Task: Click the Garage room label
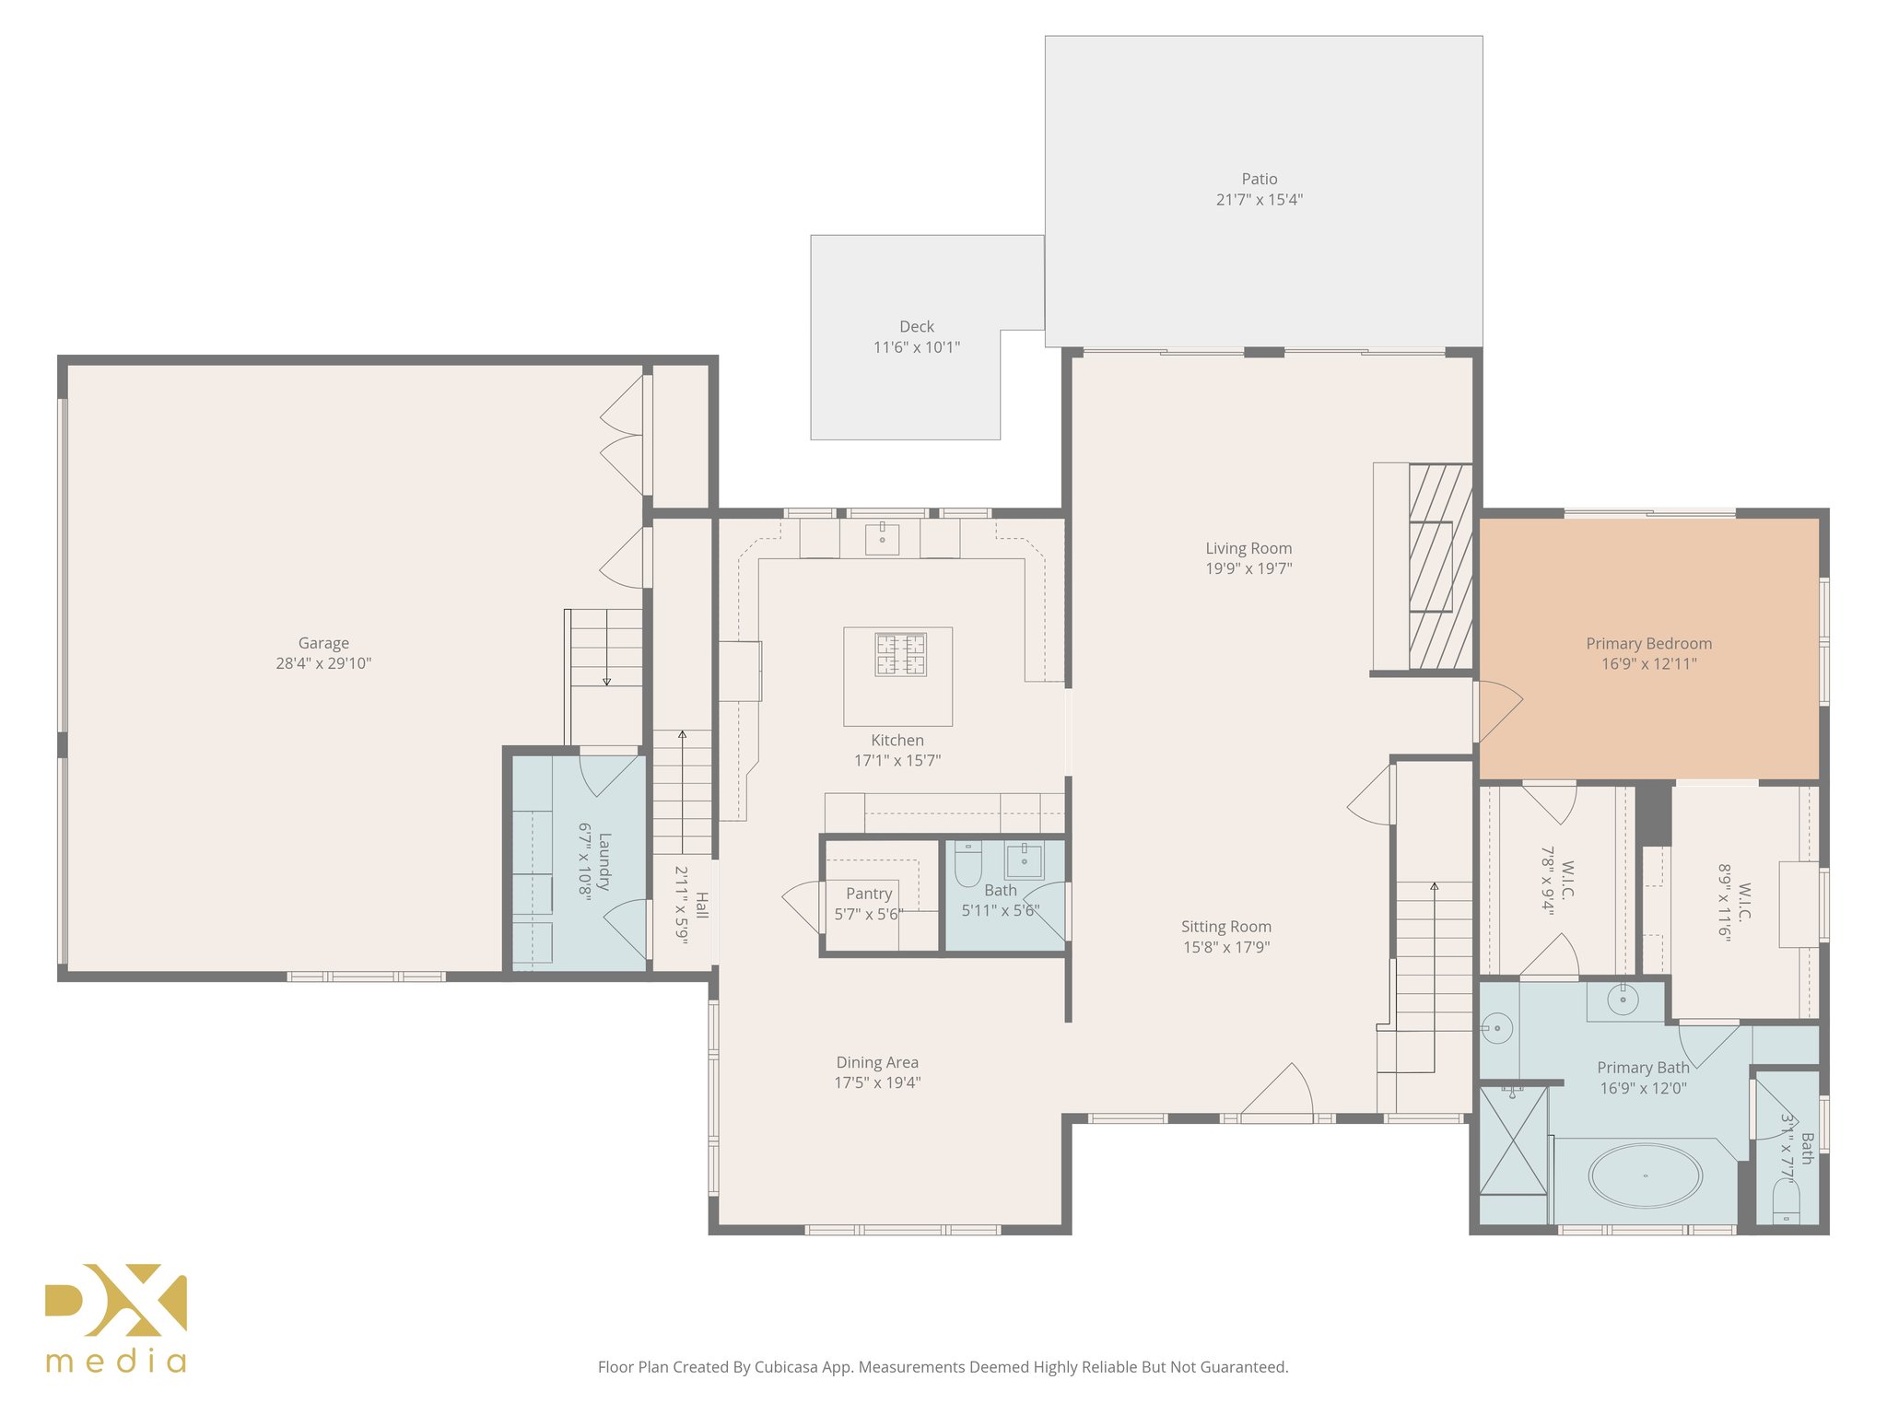click(x=323, y=643)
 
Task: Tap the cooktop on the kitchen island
click(x=900, y=654)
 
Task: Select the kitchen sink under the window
click(x=882, y=538)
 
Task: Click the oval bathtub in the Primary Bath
click(x=1645, y=1175)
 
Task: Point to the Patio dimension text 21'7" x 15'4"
click(x=1259, y=200)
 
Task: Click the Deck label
click(x=916, y=326)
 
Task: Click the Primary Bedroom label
click(x=1648, y=643)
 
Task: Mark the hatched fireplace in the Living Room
click(x=1440, y=567)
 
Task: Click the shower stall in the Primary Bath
click(x=1512, y=1140)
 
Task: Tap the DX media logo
click(x=116, y=1317)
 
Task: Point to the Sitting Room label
click(x=1225, y=927)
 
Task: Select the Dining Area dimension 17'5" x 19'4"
click(x=877, y=1082)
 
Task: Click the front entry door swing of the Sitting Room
click(x=1279, y=1092)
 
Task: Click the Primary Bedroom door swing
click(x=1498, y=709)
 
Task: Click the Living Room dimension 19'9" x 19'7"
click(x=1248, y=568)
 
